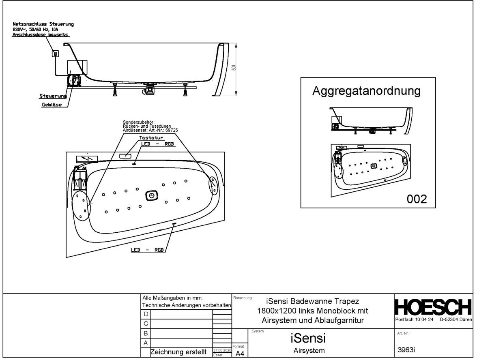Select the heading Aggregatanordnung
click(x=366, y=91)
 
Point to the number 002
click(x=417, y=199)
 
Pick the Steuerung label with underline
click(x=53, y=96)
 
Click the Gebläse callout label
click(x=52, y=105)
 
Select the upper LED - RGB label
click(x=157, y=144)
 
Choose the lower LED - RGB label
click(x=147, y=250)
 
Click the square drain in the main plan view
click(x=151, y=195)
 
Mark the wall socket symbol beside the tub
click(x=56, y=53)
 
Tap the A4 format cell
click(x=240, y=354)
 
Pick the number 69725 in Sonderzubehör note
click(x=171, y=130)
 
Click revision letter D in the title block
click(x=146, y=314)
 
